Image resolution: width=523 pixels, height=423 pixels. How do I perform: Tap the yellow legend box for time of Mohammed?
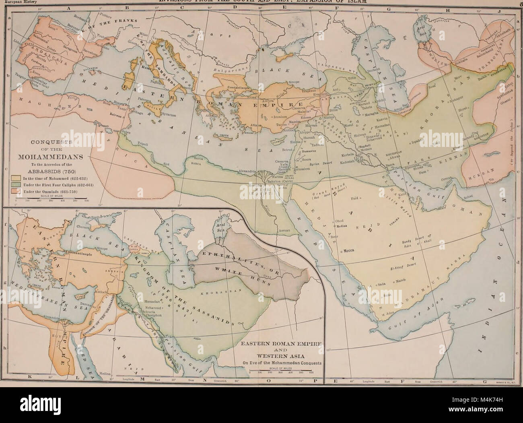[x=14, y=177]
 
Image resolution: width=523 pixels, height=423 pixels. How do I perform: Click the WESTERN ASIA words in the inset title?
[x=282, y=355]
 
